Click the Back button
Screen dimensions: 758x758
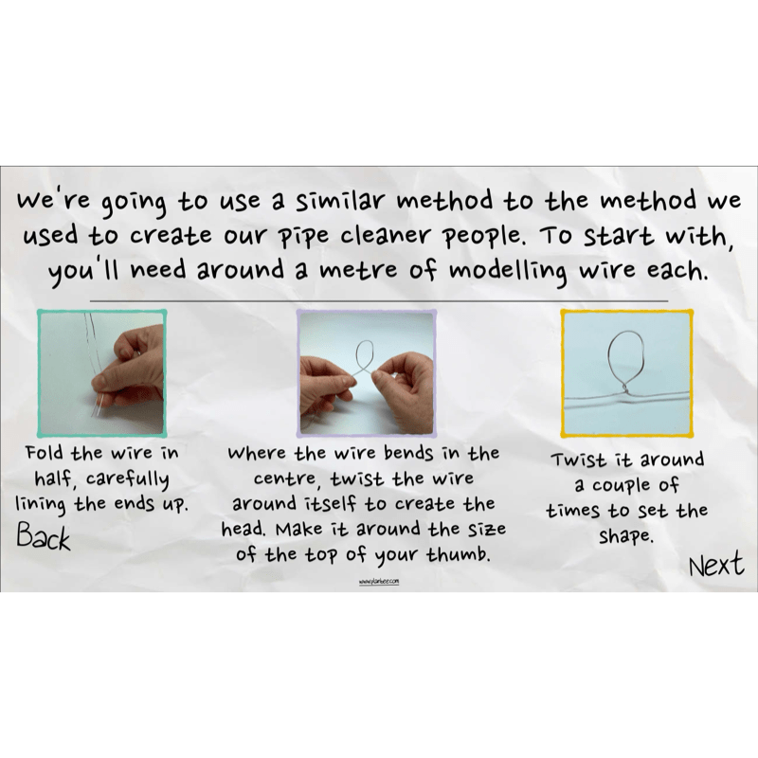coord(44,538)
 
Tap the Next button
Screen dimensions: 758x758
coord(715,566)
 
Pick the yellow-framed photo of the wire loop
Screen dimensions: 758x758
coord(626,370)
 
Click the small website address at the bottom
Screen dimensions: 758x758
coord(379,581)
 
